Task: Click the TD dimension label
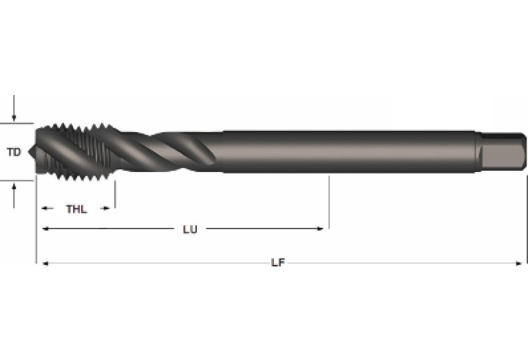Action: coord(14,152)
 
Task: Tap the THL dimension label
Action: coord(76,209)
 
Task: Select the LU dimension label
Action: coord(190,229)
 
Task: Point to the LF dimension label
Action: coord(277,263)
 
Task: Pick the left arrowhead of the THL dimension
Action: coord(45,209)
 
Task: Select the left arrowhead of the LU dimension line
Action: coord(45,229)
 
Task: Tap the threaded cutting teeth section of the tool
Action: coord(76,151)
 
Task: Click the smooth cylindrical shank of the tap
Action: coord(344,150)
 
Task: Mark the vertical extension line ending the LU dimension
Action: coord(329,202)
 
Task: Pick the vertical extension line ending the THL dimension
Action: coord(114,193)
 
